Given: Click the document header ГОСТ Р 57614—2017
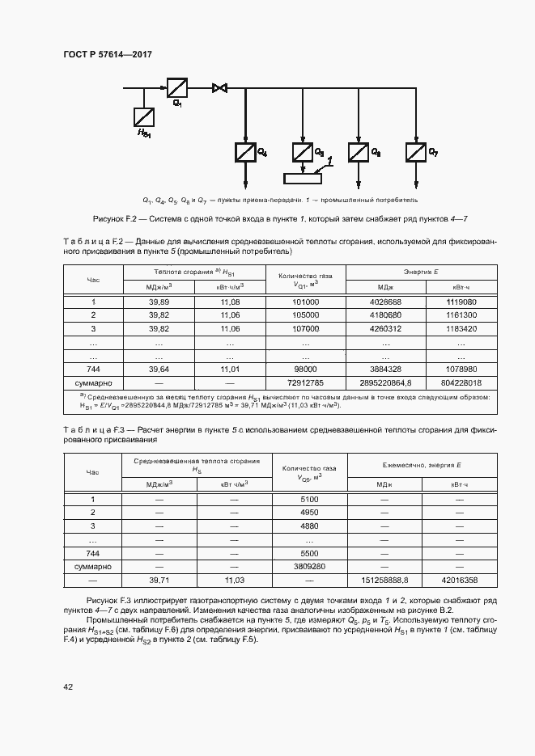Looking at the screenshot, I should pyautogui.click(x=108, y=55).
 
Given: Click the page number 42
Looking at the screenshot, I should pyautogui.click(x=68, y=686).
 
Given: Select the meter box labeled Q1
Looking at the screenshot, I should pyautogui.click(x=177, y=87).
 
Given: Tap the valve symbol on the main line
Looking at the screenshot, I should pyautogui.click(x=219, y=87).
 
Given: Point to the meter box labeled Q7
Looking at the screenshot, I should pyautogui.click(x=415, y=151).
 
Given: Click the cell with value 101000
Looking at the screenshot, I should pyautogui.click(x=304, y=302).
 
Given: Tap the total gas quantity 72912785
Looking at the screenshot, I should pyautogui.click(x=304, y=382).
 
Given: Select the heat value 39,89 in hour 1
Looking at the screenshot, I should pyautogui.click(x=159, y=302).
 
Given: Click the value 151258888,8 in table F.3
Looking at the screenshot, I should pyautogui.click(x=384, y=580).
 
